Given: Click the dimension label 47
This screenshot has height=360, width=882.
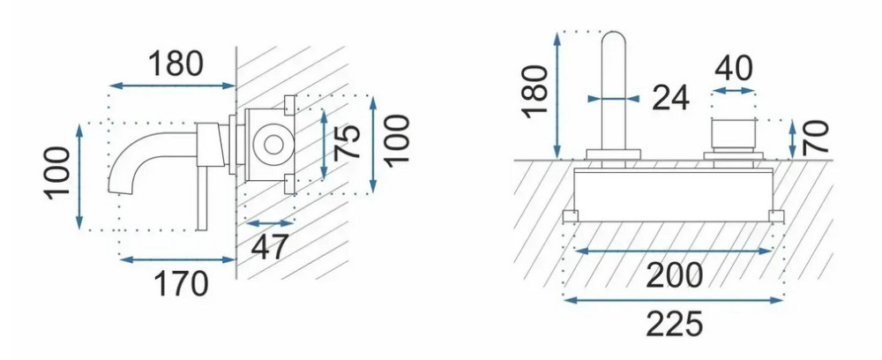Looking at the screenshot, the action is coord(269,246).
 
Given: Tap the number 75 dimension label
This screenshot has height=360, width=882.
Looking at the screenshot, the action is coord(347,142).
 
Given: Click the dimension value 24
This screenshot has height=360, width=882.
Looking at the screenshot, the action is coord(671,99).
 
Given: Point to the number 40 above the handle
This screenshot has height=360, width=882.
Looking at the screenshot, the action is coord(734,69).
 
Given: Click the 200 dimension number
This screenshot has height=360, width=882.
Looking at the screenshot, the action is coord(674,275).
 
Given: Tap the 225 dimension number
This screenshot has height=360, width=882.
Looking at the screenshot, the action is coord(674,324).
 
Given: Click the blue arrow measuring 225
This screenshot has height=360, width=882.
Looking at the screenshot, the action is coord(673,300).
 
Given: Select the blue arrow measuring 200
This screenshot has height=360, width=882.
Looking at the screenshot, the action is coord(673,251).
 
